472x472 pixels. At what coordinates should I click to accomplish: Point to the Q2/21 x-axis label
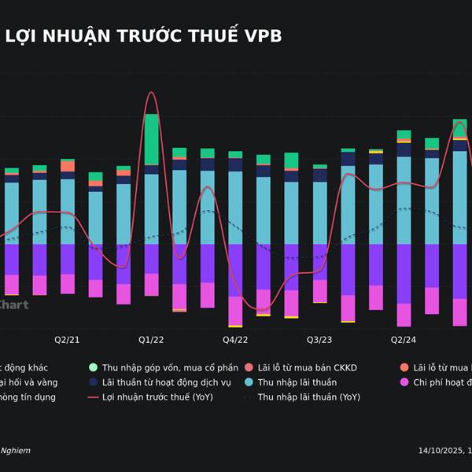[x=67, y=340]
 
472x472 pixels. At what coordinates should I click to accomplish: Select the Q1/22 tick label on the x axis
[x=151, y=340]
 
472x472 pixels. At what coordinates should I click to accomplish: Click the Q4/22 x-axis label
[x=235, y=340]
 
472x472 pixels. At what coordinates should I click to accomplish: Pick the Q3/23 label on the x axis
[x=319, y=340]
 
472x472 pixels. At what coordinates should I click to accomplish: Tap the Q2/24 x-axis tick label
[x=404, y=340]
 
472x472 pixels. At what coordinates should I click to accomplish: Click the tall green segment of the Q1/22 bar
[x=151, y=139]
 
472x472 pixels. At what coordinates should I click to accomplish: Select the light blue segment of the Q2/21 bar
[x=68, y=211]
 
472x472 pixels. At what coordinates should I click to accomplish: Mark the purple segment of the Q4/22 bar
[x=235, y=270]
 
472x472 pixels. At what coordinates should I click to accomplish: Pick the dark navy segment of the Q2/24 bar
[x=404, y=149]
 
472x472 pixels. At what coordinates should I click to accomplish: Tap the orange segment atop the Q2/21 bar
[x=68, y=166]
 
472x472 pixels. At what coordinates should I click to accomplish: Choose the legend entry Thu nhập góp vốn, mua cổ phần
[x=170, y=367]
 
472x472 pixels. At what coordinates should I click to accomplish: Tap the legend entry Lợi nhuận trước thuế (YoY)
[x=157, y=397]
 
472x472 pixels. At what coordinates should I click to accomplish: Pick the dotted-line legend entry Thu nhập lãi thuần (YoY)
[x=308, y=397]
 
